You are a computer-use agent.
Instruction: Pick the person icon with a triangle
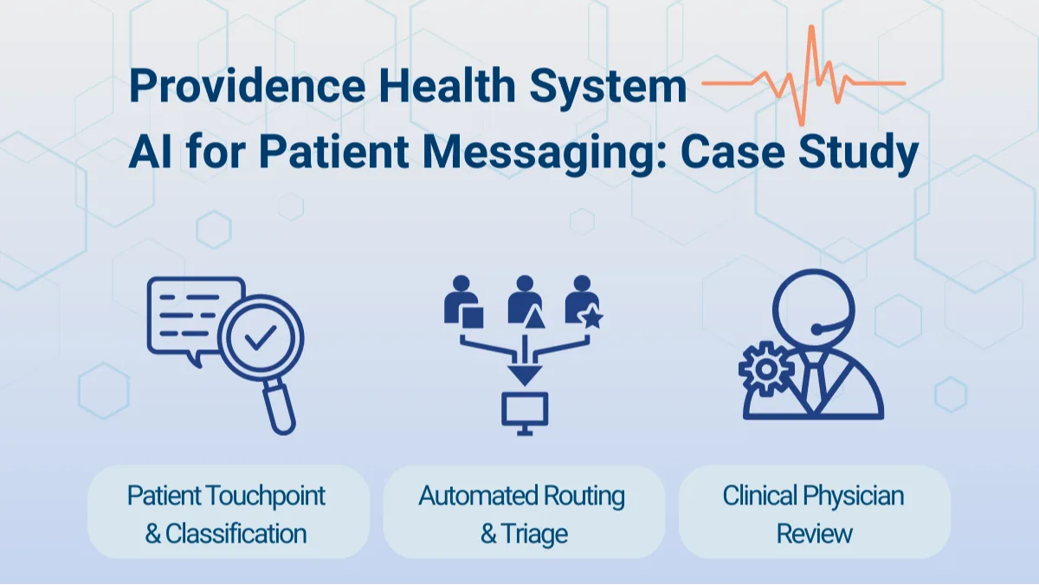(525, 303)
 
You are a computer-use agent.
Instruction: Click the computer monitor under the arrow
(525, 409)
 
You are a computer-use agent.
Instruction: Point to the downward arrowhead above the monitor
(525, 374)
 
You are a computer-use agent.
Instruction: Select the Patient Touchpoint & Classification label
(227, 514)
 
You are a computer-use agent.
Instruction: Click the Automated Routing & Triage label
(523, 514)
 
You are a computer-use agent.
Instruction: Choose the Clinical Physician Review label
(814, 514)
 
